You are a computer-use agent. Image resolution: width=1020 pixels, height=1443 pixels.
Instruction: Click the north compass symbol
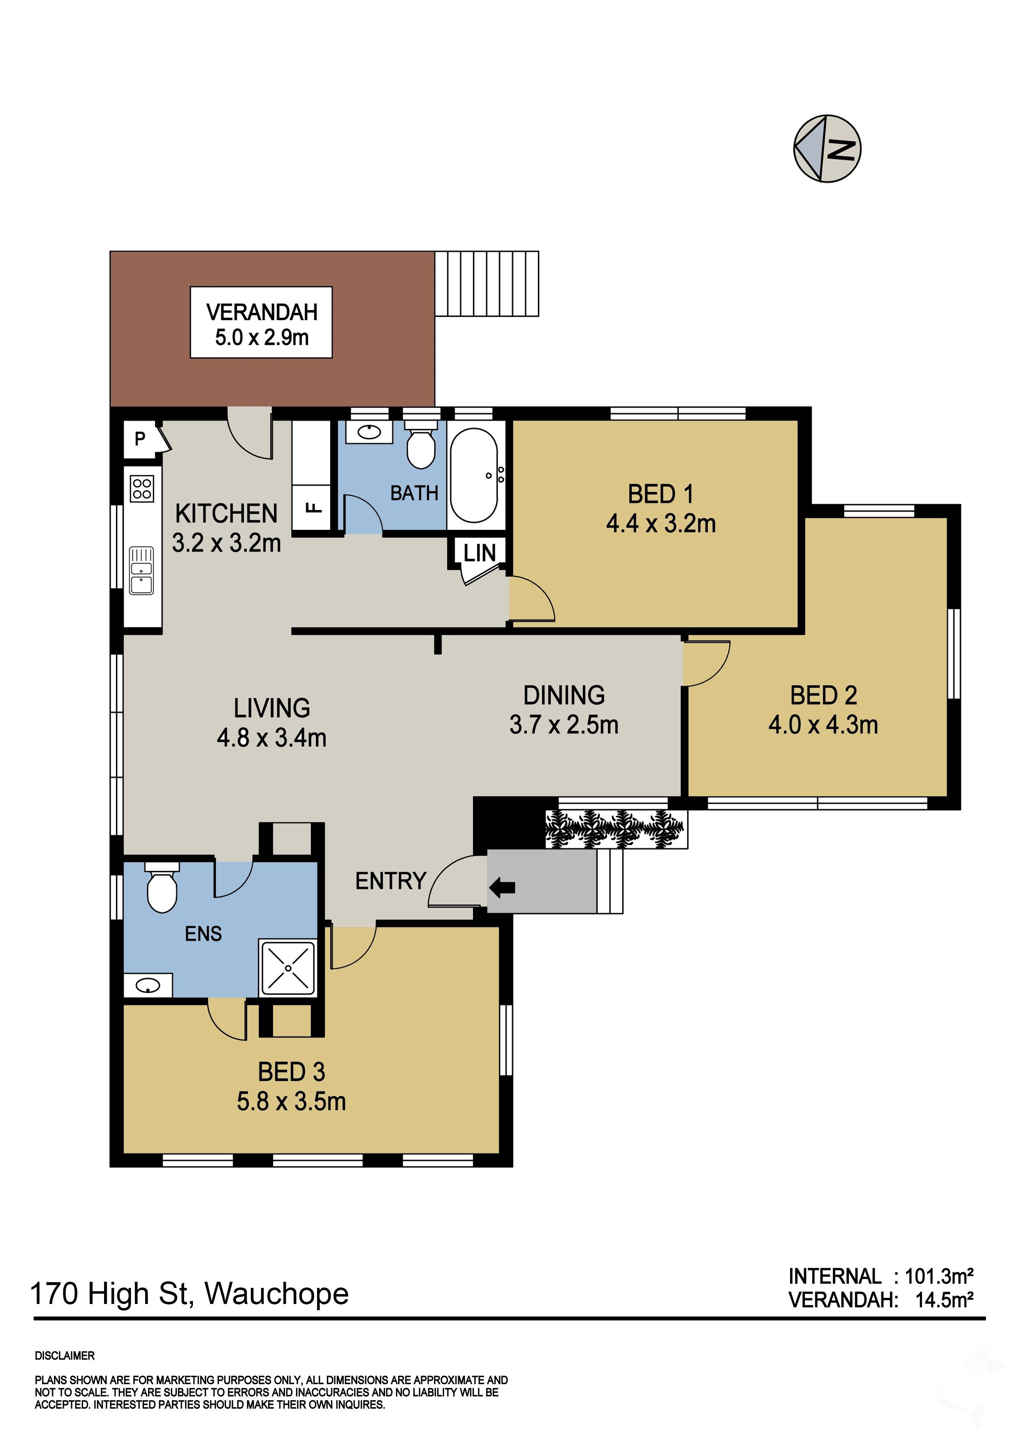[x=827, y=149]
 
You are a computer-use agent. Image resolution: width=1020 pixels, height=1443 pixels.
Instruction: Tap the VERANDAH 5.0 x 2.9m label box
[x=262, y=322]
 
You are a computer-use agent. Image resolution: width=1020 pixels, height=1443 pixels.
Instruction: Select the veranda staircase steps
[x=487, y=283]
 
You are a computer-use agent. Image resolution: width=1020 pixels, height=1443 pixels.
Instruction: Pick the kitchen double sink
[x=141, y=571]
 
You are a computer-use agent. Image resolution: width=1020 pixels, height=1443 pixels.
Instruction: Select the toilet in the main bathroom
[x=420, y=444]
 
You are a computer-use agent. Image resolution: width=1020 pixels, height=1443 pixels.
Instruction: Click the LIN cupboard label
[x=480, y=553]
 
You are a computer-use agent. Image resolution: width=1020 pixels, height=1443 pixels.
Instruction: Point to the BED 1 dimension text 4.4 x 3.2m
[x=661, y=524]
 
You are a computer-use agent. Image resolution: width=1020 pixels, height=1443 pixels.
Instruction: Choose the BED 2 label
[x=823, y=696]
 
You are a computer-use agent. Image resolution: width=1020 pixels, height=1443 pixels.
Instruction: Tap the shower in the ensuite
[x=288, y=968]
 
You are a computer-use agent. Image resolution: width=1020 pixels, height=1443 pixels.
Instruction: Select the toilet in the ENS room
[x=162, y=887]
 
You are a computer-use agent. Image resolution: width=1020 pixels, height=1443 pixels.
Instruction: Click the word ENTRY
[x=391, y=881]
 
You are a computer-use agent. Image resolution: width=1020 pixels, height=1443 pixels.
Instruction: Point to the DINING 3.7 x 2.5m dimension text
[x=564, y=725]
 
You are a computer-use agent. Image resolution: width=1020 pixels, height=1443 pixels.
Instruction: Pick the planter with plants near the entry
[x=615, y=829]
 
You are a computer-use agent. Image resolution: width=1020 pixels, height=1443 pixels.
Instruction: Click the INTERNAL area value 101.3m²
[x=939, y=1276]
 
